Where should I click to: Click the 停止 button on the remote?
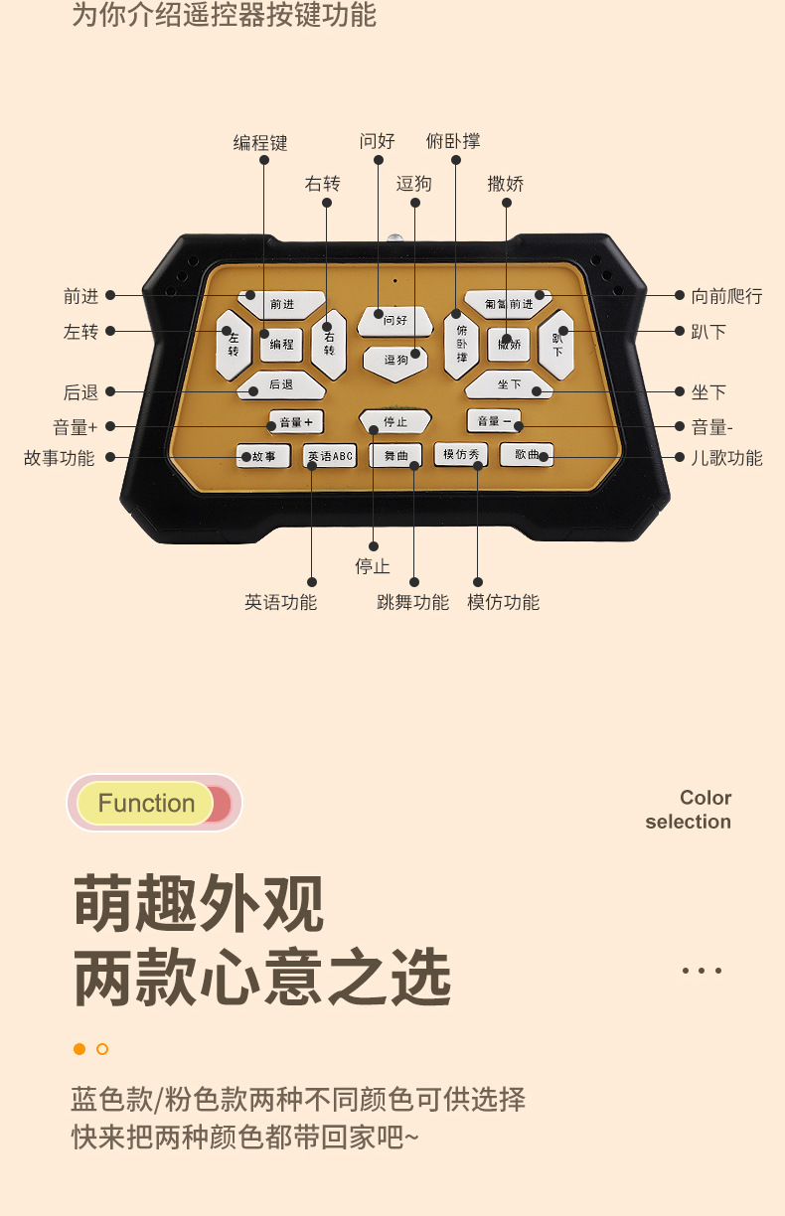(394, 421)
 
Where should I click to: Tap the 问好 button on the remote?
(395, 320)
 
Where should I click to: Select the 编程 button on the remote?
(281, 344)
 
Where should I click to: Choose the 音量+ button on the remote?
(296, 421)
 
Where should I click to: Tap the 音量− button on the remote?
(494, 420)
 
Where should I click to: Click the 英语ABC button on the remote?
(330, 456)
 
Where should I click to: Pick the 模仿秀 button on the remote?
(460, 454)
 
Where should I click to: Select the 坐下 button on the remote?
(509, 384)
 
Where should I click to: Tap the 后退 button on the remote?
(281, 384)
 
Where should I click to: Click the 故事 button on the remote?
(257, 456)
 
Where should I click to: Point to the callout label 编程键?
(260, 143)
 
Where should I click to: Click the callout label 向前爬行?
(726, 295)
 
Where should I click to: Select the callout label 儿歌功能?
(726, 458)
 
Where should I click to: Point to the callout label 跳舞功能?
(412, 602)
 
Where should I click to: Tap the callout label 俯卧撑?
(453, 141)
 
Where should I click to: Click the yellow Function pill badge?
(146, 803)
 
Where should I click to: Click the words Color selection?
(689, 810)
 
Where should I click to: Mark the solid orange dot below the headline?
(79, 1049)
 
